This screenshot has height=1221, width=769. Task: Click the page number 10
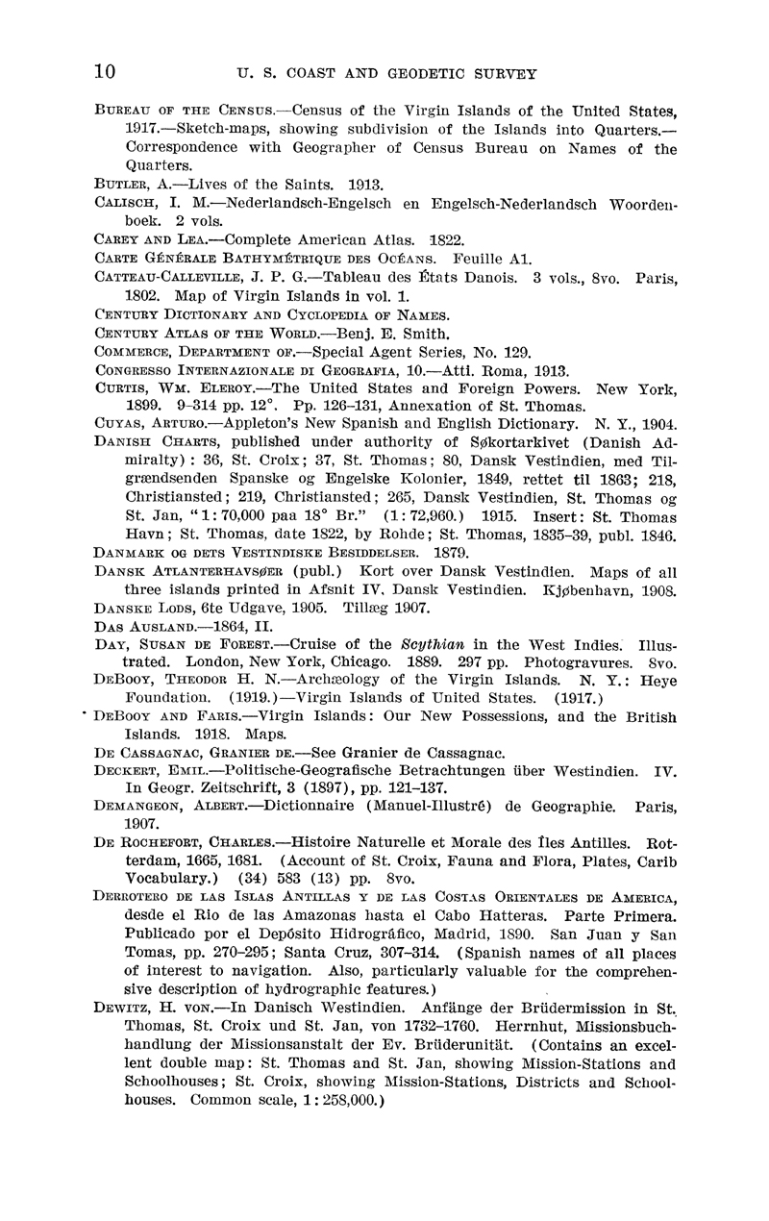106,72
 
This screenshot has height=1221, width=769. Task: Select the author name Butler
123,184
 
